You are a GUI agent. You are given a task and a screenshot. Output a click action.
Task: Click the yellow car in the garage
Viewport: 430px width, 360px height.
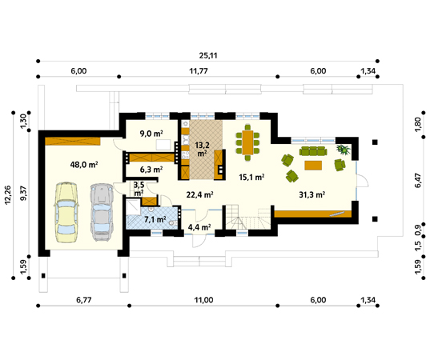(x=66, y=212)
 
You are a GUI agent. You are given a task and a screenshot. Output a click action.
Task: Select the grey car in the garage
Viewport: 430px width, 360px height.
(x=102, y=212)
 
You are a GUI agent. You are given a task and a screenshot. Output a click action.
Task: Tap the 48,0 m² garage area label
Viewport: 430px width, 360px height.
(x=84, y=165)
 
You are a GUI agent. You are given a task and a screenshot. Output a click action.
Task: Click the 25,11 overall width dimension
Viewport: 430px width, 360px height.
(x=208, y=56)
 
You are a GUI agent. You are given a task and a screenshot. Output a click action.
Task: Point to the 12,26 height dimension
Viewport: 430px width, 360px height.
(x=7, y=194)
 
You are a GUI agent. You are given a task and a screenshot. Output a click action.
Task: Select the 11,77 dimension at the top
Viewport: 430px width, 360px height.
(x=199, y=71)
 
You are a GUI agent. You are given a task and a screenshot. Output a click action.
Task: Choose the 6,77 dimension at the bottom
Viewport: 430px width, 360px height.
(x=83, y=300)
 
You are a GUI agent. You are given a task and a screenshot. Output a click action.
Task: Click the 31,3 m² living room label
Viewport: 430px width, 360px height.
(x=312, y=194)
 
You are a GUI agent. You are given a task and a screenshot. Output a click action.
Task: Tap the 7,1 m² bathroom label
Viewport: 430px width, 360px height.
(x=155, y=219)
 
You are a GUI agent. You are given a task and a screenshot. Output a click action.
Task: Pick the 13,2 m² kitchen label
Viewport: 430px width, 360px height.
(x=202, y=149)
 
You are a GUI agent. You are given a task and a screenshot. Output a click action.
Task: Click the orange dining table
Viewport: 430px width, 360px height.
(x=247, y=142)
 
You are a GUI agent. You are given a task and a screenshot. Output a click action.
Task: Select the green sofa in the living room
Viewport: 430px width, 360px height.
(x=313, y=151)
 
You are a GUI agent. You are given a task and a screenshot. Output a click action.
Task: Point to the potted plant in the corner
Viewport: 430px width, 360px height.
(x=343, y=150)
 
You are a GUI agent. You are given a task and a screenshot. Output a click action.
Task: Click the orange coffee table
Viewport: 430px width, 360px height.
(x=313, y=166)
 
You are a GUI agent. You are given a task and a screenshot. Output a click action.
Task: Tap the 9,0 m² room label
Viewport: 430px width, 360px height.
(x=151, y=134)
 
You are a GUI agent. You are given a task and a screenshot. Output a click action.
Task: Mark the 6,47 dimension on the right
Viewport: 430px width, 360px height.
(x=418, y=180)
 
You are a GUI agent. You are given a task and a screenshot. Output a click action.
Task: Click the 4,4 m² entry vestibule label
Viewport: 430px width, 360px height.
(x=199, y=227)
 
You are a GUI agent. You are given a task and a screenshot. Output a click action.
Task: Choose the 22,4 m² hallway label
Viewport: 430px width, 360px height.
(x=200, y=194)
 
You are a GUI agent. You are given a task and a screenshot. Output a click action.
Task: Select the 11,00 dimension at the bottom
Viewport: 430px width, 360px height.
(x=203, y=300)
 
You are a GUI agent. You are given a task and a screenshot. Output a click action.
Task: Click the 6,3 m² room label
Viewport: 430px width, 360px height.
(x=151, y=170)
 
